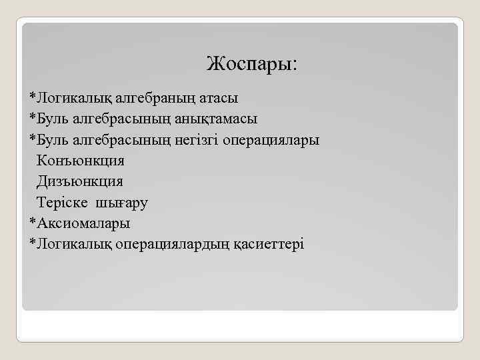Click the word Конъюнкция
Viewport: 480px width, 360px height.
click(81, 161)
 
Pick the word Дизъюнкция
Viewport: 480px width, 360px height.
click(80, 181)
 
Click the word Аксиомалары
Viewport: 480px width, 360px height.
click(83, 223)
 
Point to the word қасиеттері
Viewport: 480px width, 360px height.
click(269, 244)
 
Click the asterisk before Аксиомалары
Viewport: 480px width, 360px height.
click(32, 222)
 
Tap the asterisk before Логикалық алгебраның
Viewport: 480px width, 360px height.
click(32, 97)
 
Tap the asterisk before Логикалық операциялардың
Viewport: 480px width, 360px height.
click(32, 243)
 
